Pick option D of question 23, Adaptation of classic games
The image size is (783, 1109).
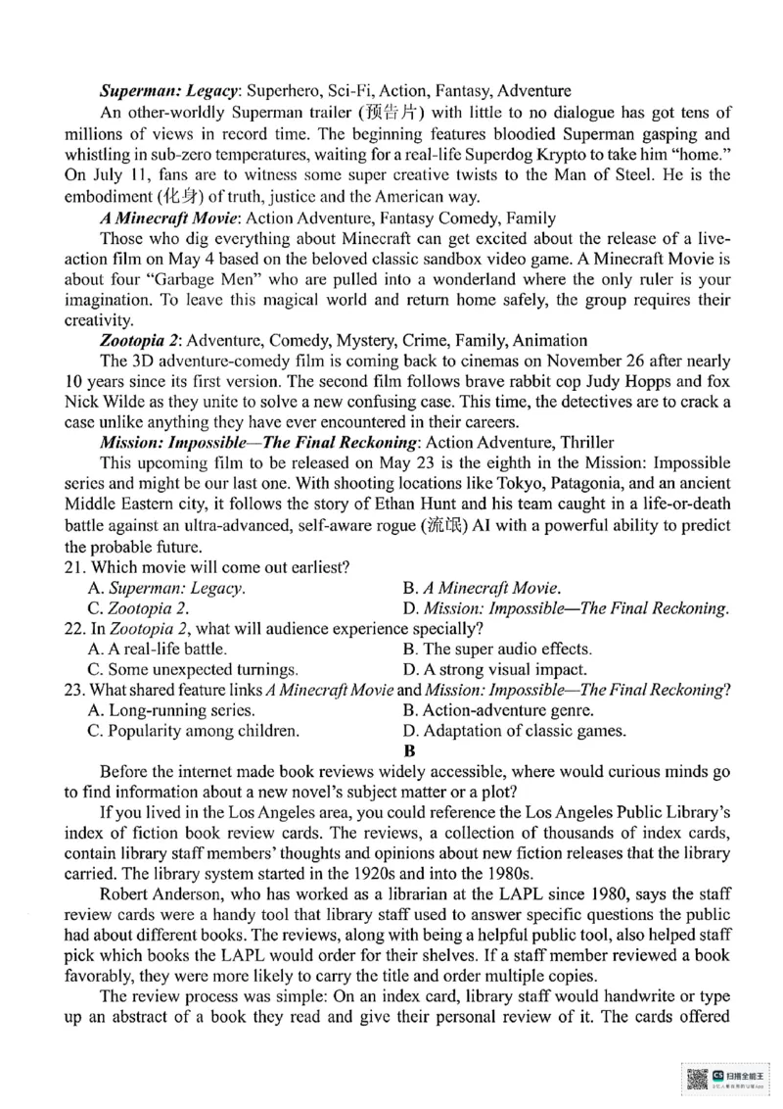pyautogui.click(x=515, y=731)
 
